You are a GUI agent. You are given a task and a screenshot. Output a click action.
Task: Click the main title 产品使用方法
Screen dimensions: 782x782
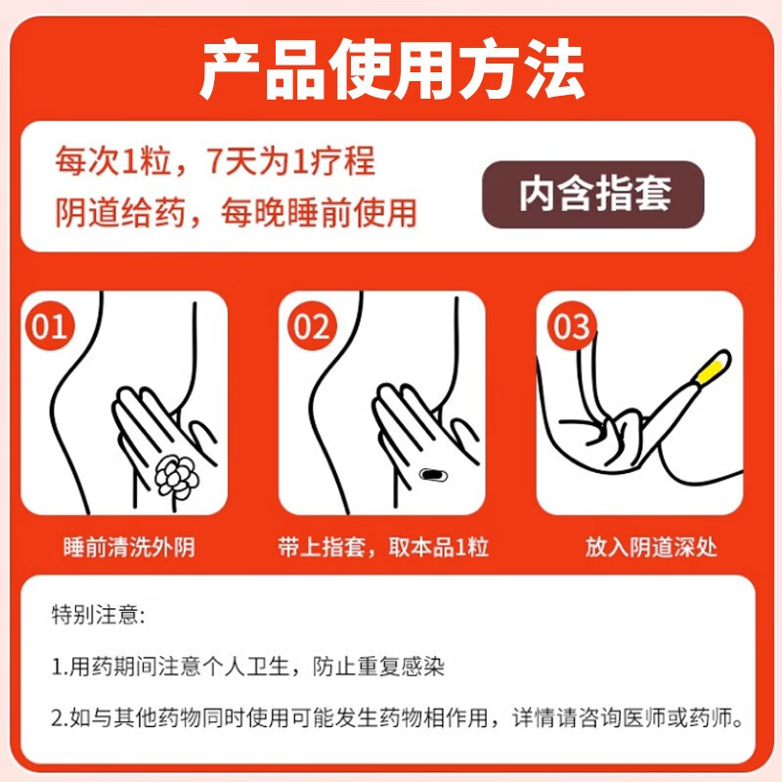click(x=391, y=71)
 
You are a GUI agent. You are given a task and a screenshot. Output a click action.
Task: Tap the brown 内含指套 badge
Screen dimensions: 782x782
click(x=594, y=194)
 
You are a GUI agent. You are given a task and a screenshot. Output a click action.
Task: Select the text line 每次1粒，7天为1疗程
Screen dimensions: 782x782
click(x=214, y=160)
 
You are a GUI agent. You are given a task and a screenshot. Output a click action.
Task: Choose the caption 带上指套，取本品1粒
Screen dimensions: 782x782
click(x=383, y=546)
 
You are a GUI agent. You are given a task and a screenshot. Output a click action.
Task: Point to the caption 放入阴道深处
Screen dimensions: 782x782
click(x=651, y=546)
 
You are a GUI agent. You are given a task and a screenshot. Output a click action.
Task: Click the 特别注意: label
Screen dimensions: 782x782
click(x=98, y=616)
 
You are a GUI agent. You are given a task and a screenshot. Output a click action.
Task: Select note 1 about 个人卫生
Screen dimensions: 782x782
click(x=248, y=668)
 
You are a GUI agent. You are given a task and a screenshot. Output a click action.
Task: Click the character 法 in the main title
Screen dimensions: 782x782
click(x=552, y=71)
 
